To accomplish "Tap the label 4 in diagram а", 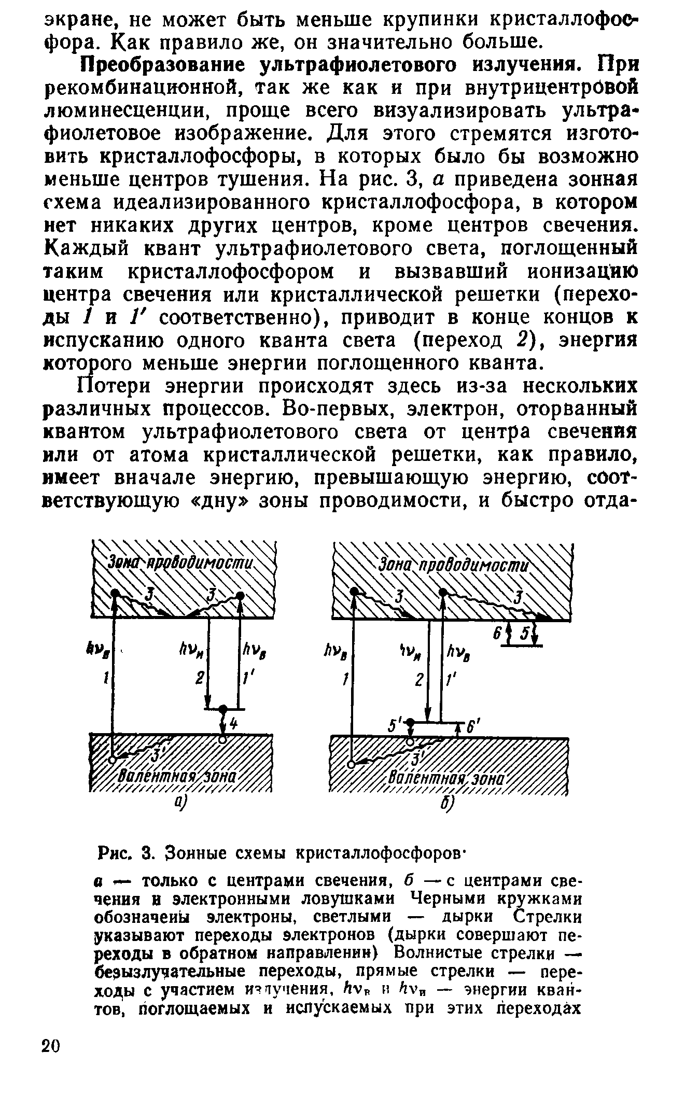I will (x=233, y=725).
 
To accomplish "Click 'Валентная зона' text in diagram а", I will (x=178, y=777).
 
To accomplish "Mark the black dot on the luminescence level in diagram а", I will (x=223, y=708).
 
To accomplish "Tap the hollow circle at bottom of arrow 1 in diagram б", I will (x=352, y=764).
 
